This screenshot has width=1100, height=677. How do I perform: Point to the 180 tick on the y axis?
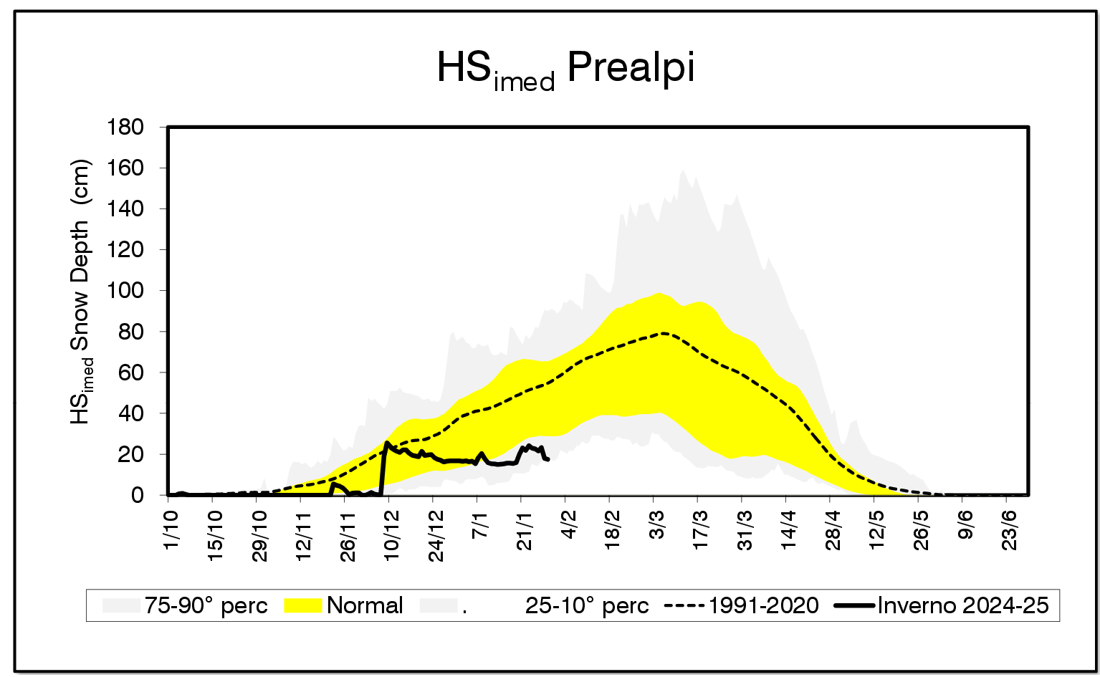125,128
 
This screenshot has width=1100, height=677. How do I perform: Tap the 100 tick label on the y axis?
125,291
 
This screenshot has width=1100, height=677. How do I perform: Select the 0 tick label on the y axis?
137,496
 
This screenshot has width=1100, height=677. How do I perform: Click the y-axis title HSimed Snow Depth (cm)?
81,292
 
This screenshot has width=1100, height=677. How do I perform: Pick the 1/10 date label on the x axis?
171,527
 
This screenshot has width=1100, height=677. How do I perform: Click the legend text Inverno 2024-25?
962,606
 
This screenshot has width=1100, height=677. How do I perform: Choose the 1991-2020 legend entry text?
762,606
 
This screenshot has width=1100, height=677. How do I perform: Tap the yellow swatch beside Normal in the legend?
302,606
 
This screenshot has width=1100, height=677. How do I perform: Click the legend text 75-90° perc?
206,606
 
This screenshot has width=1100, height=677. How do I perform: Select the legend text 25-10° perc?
587,606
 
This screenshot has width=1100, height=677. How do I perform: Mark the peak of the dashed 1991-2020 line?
664,333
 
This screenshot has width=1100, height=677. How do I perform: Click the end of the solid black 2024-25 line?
548,459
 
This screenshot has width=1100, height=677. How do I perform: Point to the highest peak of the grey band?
683,171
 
